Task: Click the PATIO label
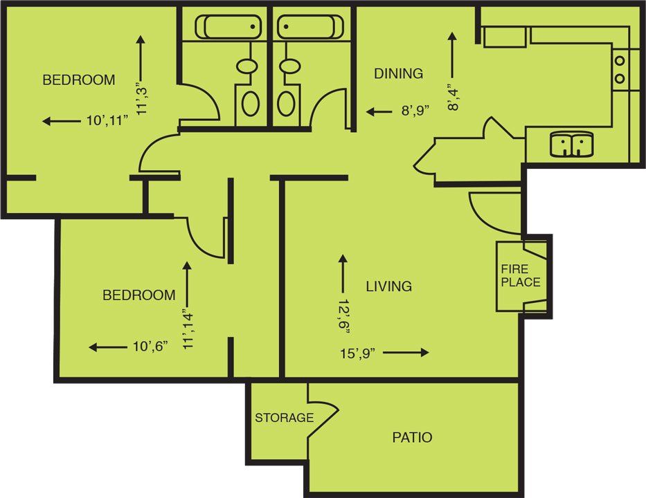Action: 412,437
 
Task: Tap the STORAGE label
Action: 284,418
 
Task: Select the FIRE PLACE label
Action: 521,276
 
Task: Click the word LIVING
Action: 388,286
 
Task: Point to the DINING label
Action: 398,73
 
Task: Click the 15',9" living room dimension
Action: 357,353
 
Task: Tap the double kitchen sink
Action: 571,145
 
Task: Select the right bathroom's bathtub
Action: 310,27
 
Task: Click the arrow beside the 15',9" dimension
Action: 406,353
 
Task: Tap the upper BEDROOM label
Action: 79,80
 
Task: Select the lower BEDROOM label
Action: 138,295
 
